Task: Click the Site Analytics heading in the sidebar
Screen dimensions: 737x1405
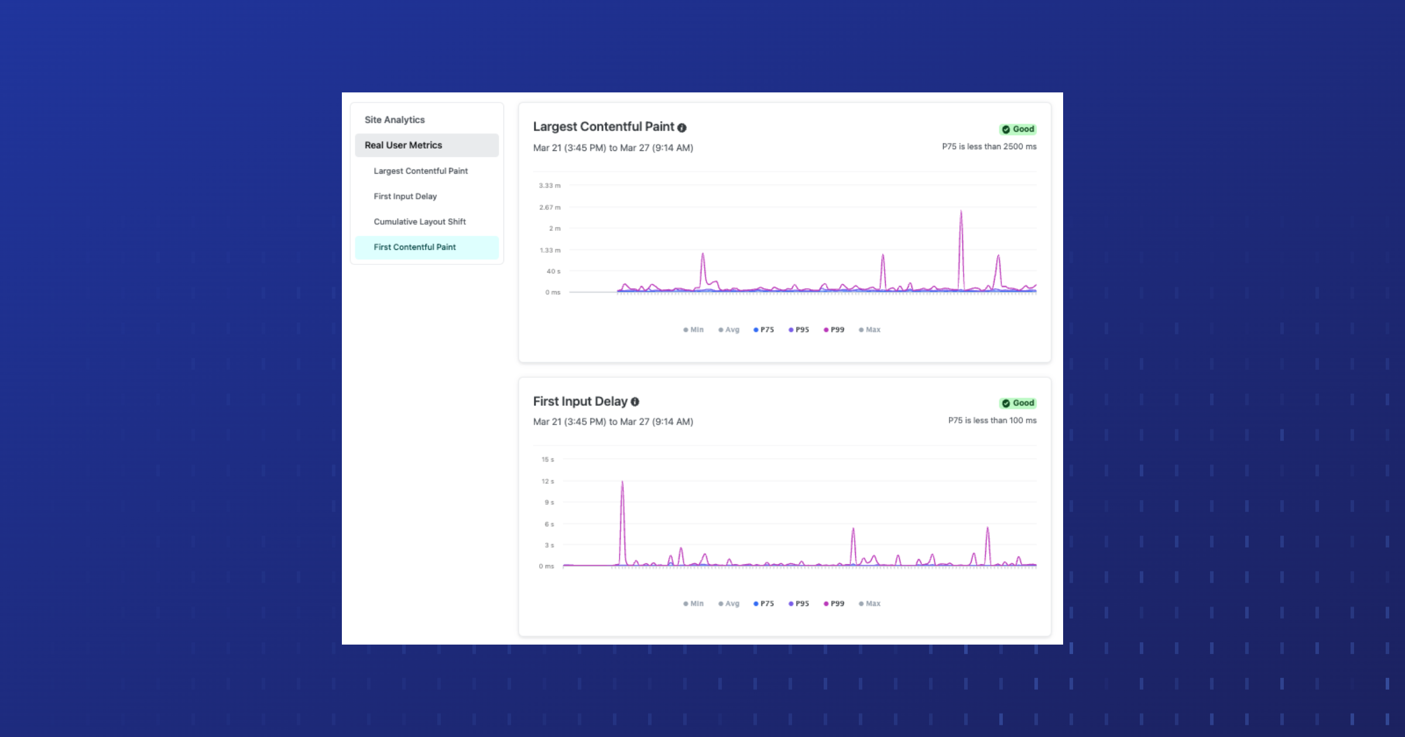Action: coord(395,120)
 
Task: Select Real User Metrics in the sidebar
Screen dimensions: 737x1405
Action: coord(403,145)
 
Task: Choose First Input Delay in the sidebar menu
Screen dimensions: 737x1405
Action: coord(405,197)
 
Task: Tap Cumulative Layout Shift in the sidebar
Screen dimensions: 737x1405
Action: coord(420,222)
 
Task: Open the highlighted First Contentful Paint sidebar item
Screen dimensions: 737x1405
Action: coord(414,247)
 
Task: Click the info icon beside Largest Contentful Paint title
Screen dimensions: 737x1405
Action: coord(682,128)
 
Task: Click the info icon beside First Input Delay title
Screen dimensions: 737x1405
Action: coord(635,402)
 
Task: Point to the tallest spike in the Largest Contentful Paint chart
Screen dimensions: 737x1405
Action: coord(961,212)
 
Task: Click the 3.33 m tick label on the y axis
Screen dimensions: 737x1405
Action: coord(550,185)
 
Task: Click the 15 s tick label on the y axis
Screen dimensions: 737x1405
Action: coord(547,460)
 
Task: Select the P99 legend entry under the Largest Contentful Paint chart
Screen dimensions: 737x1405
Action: coord(834,330)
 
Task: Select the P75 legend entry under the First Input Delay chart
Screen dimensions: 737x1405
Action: coord(764,604)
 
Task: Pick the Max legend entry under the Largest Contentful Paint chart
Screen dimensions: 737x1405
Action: coord(870,330)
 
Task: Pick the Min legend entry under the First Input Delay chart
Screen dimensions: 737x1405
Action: coord(694,604)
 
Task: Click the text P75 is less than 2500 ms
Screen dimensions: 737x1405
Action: coord(989,147)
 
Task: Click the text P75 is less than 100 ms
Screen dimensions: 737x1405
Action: coord(992,421)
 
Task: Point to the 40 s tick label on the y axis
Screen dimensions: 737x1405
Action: coord(553,271)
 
